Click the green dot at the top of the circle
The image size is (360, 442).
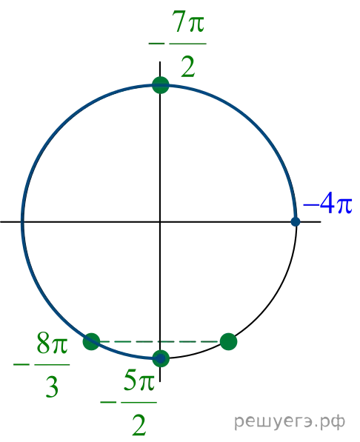click(x=160, y=85)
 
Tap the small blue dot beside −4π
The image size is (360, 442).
click(x=296, y=222)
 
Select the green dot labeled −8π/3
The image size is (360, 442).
click(x=91, y=341)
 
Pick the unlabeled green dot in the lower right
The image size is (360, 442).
click(x=228, y=341)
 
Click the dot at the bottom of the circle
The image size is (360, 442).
click(x=161, y=358)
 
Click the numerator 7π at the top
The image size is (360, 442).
click(x=188, y=22)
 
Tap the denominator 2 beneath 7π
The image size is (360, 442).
click(x=187, y=67)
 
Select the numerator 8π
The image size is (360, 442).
click(x=53, y=344)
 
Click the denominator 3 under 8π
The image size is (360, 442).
click(x=52, y=386)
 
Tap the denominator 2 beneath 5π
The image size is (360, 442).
click(x=139, y=424)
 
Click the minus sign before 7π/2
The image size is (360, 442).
click(x=156, y=44)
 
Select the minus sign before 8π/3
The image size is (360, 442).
click(x=21, y=364)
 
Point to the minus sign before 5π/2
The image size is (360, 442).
click(x=108, y=402)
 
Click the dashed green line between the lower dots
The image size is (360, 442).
click(x=160, y=341)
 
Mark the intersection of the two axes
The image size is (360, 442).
click(x=160, y=222)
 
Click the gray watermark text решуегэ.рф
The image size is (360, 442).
click(x=290, y=422)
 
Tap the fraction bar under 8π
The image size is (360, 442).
click(x=52, y=365)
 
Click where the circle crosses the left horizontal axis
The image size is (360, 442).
click(x=22, y=222)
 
